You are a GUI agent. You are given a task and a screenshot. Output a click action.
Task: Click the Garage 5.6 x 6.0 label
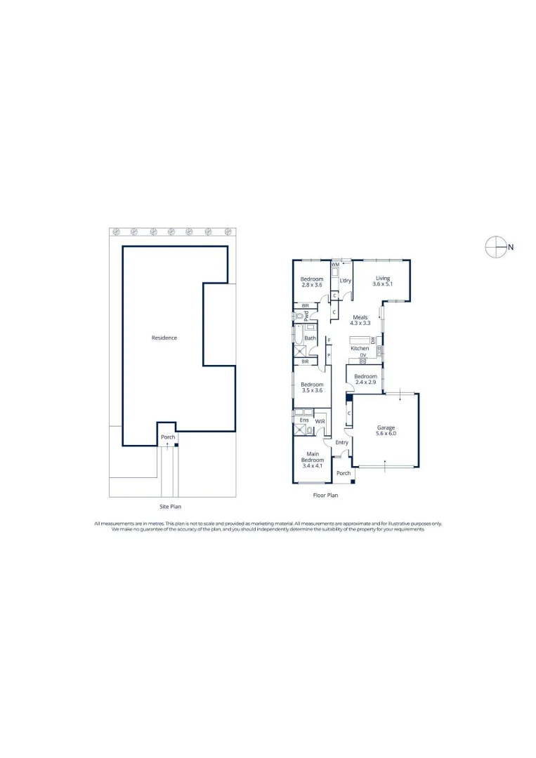pyautogui.click(x=386, y=431)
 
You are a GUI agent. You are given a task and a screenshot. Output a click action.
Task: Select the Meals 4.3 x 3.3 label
pyautogui.click(x=360, y=320)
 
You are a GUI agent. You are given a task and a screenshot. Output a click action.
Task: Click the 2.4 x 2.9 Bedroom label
pyautogui.click(x=366, y=379)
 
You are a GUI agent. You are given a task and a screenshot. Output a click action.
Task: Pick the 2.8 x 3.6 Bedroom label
pyautogui.click(x=311, y=282)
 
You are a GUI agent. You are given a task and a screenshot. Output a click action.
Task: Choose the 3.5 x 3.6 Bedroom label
pyautogui.click(x=312, y=387)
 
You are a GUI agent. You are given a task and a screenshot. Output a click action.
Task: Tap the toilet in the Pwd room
pyautogui.click(x=299, y=316)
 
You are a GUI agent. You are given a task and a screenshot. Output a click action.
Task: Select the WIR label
pyautogui.click(x=320, y=422)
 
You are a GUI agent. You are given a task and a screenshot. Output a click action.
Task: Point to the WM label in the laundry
pyautogui.click(x=335, y=265)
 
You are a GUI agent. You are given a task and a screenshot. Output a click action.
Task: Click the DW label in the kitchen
pyautogui.click(x=373, y=340)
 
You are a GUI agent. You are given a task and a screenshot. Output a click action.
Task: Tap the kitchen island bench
pyautogui.click(x=360, y=340)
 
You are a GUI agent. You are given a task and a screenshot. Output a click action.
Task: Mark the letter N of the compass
pyautogui.click(x=511, y=247)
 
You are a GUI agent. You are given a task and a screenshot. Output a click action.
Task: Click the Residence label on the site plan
pyautogui.click(x=164, y=338)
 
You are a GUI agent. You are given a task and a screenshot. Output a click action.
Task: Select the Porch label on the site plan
pyautogui.click(x=168, y=437)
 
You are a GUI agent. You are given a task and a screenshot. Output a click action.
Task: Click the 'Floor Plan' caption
pyautogui.click(x=325, y=495)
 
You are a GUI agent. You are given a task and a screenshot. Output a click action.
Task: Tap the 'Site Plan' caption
pyautogui.click(x=170, y=507)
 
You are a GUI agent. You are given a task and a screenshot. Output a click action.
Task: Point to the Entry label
pyautogui.click(x=342, y=442)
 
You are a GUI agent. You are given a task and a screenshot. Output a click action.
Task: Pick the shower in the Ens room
pyautogui.click(x=298, y=430)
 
